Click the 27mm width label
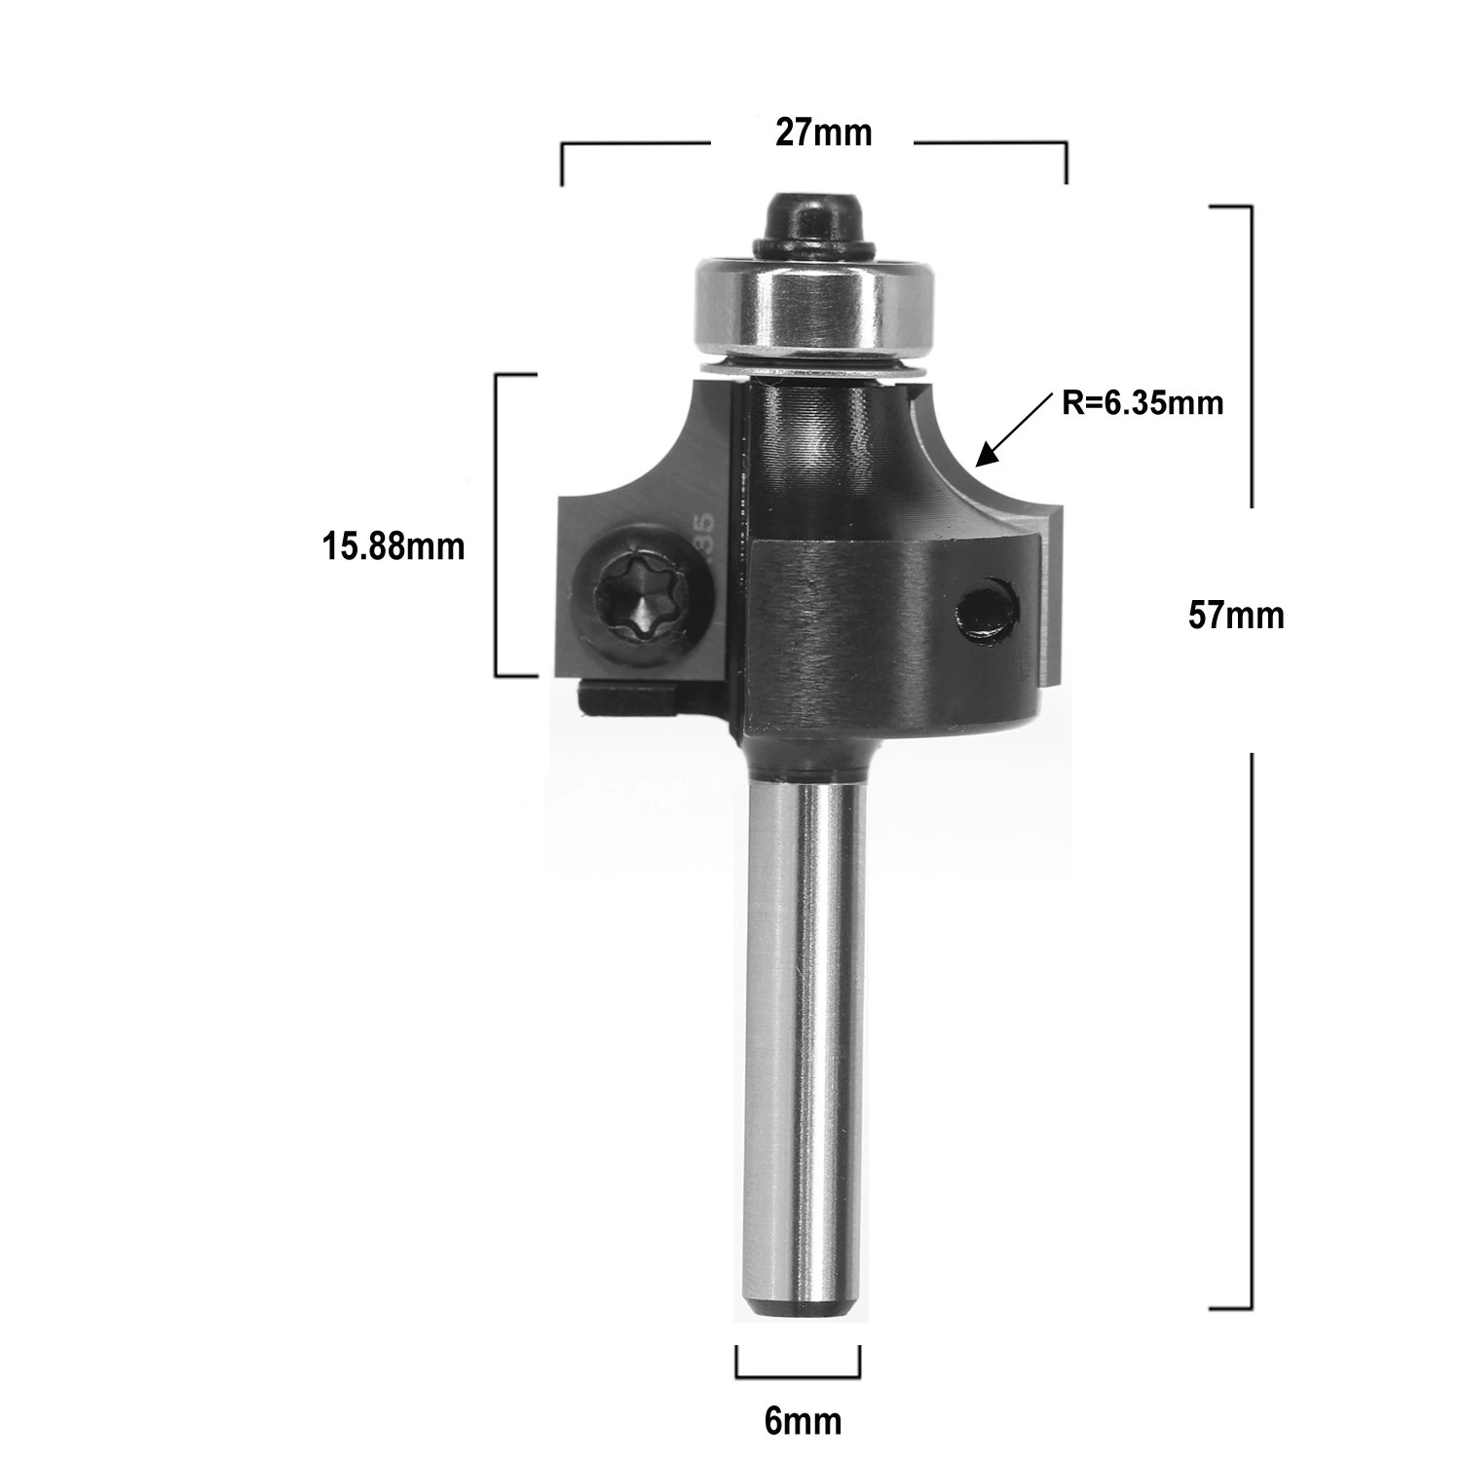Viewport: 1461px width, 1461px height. pos(823,132)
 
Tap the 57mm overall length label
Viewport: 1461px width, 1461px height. pos(1236,616)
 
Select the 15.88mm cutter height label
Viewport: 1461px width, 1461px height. pos(393,546)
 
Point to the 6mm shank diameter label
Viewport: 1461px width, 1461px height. pos(803,1422)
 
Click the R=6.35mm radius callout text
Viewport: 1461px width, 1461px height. pos(1143,402)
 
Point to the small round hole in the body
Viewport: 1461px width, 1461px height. pos(985,613)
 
